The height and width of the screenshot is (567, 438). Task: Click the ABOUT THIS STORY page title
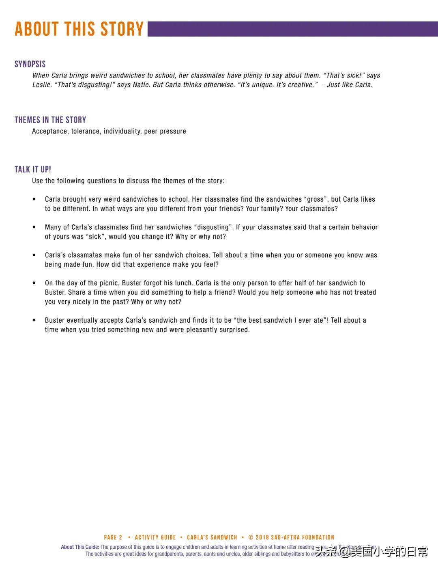point(79,29)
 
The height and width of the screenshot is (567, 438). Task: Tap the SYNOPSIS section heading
point(30,64)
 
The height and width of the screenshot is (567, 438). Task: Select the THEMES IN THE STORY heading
point(50,120)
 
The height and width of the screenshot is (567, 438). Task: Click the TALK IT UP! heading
point(33,169)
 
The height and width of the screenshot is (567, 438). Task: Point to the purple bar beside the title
point(292,29)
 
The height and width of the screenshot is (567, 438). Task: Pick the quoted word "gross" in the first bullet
point(316,199)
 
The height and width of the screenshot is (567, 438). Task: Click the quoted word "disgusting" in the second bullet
point(213,227)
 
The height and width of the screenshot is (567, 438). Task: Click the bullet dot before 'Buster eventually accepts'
point(34,320)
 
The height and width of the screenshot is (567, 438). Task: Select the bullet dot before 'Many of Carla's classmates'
point(34,227)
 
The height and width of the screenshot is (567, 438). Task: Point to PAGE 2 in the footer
point(113,537)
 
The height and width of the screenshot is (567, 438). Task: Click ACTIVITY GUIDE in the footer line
point(155,537)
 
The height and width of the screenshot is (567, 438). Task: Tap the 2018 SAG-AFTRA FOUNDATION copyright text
point(292,537)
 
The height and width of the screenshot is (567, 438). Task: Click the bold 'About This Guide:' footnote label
point(80,547)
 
